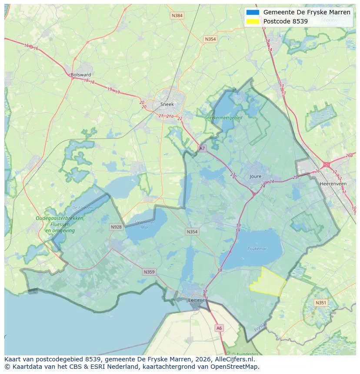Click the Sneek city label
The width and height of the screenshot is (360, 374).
point(167,104)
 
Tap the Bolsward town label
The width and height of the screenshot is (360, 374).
point(80,75)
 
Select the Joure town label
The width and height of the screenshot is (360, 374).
point(256,176)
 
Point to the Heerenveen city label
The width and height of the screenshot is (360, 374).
point(333,184)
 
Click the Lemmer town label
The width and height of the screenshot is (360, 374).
point(197,300)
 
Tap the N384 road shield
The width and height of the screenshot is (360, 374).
point(177,16)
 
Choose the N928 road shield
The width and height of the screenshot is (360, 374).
point(116,227)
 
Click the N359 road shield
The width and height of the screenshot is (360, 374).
point(149,272)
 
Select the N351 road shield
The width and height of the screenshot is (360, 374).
point(321,303)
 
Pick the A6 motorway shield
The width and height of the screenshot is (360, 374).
point(219,328)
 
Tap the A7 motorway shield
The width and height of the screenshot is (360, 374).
point(202,149)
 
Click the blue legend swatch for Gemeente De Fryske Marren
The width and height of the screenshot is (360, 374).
point(252,12)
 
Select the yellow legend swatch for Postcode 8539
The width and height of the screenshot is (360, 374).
point(252,21)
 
